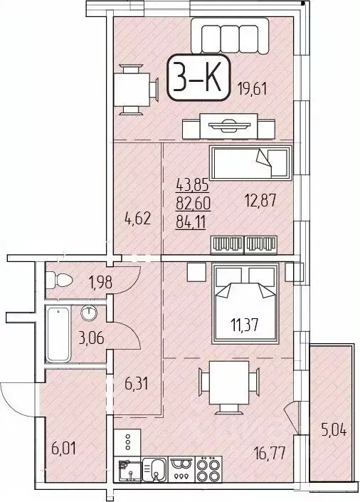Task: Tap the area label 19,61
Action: point(253,90)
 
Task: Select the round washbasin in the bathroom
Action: point(89,313)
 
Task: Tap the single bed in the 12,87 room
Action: point(249,164)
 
